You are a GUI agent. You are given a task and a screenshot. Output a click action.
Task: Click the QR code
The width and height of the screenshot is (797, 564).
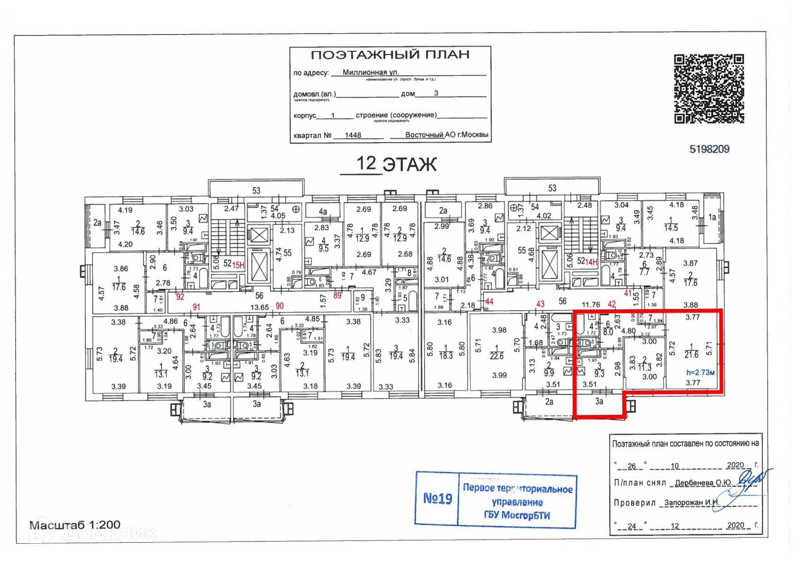708,88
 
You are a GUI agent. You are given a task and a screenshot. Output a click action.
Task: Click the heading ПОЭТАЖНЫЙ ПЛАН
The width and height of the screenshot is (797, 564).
390,55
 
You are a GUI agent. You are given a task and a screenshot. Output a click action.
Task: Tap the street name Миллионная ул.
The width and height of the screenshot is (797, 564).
370,72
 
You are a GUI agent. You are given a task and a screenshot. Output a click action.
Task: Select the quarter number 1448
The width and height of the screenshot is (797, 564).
353,135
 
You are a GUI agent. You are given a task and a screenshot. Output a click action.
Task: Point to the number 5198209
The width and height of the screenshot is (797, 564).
709,150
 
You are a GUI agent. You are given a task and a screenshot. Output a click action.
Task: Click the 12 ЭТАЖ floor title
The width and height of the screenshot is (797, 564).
396,164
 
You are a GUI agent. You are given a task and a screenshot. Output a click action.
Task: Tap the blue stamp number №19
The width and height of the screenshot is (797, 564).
437,498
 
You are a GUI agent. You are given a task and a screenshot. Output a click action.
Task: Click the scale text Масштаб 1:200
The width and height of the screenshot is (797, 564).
75,525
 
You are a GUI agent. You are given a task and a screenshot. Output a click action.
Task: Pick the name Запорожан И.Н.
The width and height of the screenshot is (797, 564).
691,503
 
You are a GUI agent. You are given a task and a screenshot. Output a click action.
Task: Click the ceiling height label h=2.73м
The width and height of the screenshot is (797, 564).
700,372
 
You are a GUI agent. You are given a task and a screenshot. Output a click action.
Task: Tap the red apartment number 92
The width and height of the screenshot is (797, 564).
180,297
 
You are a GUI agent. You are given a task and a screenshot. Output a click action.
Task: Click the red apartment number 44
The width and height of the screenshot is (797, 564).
489,301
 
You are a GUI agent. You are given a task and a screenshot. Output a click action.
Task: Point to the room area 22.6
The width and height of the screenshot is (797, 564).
496,356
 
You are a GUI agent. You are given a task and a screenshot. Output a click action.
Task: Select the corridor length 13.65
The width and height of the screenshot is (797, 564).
259,308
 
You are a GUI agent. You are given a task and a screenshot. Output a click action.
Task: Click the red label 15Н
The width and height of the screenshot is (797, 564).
238,265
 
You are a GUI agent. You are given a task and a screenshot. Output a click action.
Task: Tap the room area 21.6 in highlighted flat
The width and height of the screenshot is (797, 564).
691,354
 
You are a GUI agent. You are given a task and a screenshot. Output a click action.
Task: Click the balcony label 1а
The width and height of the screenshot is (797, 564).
712,218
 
